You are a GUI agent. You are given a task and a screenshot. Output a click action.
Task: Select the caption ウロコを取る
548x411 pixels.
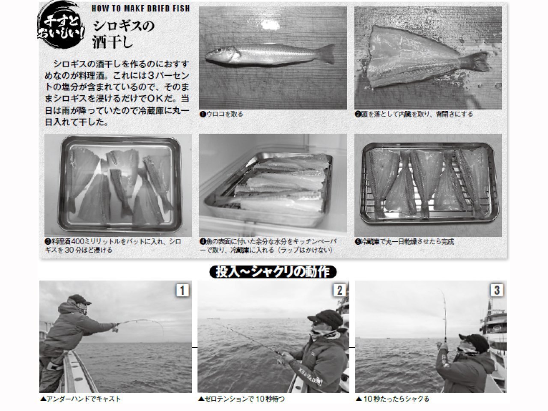pyautogui.click(x=221, y=114)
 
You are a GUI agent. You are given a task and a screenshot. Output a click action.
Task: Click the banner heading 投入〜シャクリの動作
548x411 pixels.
pyautogui.click(x=273, y=272)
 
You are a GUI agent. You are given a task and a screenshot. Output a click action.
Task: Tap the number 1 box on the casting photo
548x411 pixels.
pyautogui.click(x=182, y=291)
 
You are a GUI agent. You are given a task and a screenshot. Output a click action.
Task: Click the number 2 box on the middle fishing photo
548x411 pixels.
pyautogui.click(x=339, y=291)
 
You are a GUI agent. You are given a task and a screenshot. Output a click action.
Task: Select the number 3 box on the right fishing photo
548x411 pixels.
pyautogui.click(x=496, y=291)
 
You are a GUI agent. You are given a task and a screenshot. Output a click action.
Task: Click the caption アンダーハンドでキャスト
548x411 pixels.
pyautogui.click(x=80, y=399)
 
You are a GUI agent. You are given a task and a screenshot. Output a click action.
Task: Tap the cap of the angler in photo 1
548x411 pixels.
pyautogui.click(x=79, y=298)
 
